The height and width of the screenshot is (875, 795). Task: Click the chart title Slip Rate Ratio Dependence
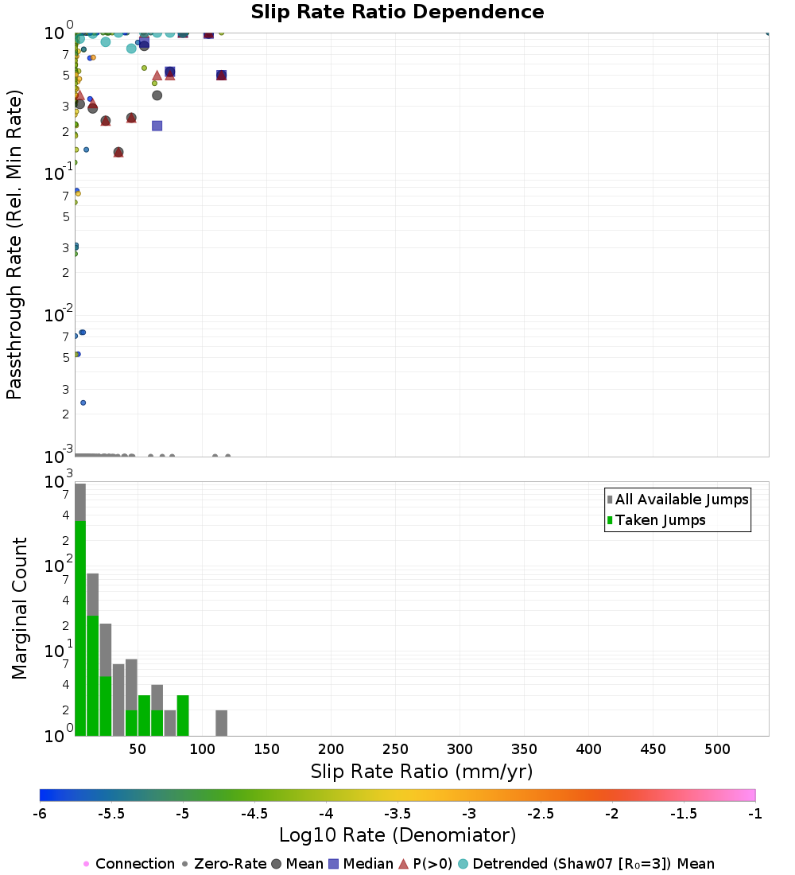pos(397,12)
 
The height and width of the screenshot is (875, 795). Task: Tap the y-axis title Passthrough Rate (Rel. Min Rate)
pos(14,244)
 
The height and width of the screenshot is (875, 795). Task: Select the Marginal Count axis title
pos(20,609)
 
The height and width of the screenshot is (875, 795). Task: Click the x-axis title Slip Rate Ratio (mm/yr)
pos(422,772)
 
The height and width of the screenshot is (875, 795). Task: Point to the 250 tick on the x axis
pos(396,749)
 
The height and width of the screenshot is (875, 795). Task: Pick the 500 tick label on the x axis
pos(717,749)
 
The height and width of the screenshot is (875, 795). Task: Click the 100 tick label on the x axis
pos(203,749)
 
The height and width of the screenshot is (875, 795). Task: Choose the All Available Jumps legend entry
pos(677,500)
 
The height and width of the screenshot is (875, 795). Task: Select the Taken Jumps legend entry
pos(656,520)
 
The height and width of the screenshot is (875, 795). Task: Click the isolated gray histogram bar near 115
pos(222,723)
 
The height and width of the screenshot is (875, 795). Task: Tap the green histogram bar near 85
pos(183,716)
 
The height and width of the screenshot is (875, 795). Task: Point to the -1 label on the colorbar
pos(754,814)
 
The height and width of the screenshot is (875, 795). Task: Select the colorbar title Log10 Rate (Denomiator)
pos(397,835)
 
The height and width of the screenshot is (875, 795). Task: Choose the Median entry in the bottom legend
pos(361,864)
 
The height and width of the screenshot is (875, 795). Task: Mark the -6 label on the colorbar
pos(40,814)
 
